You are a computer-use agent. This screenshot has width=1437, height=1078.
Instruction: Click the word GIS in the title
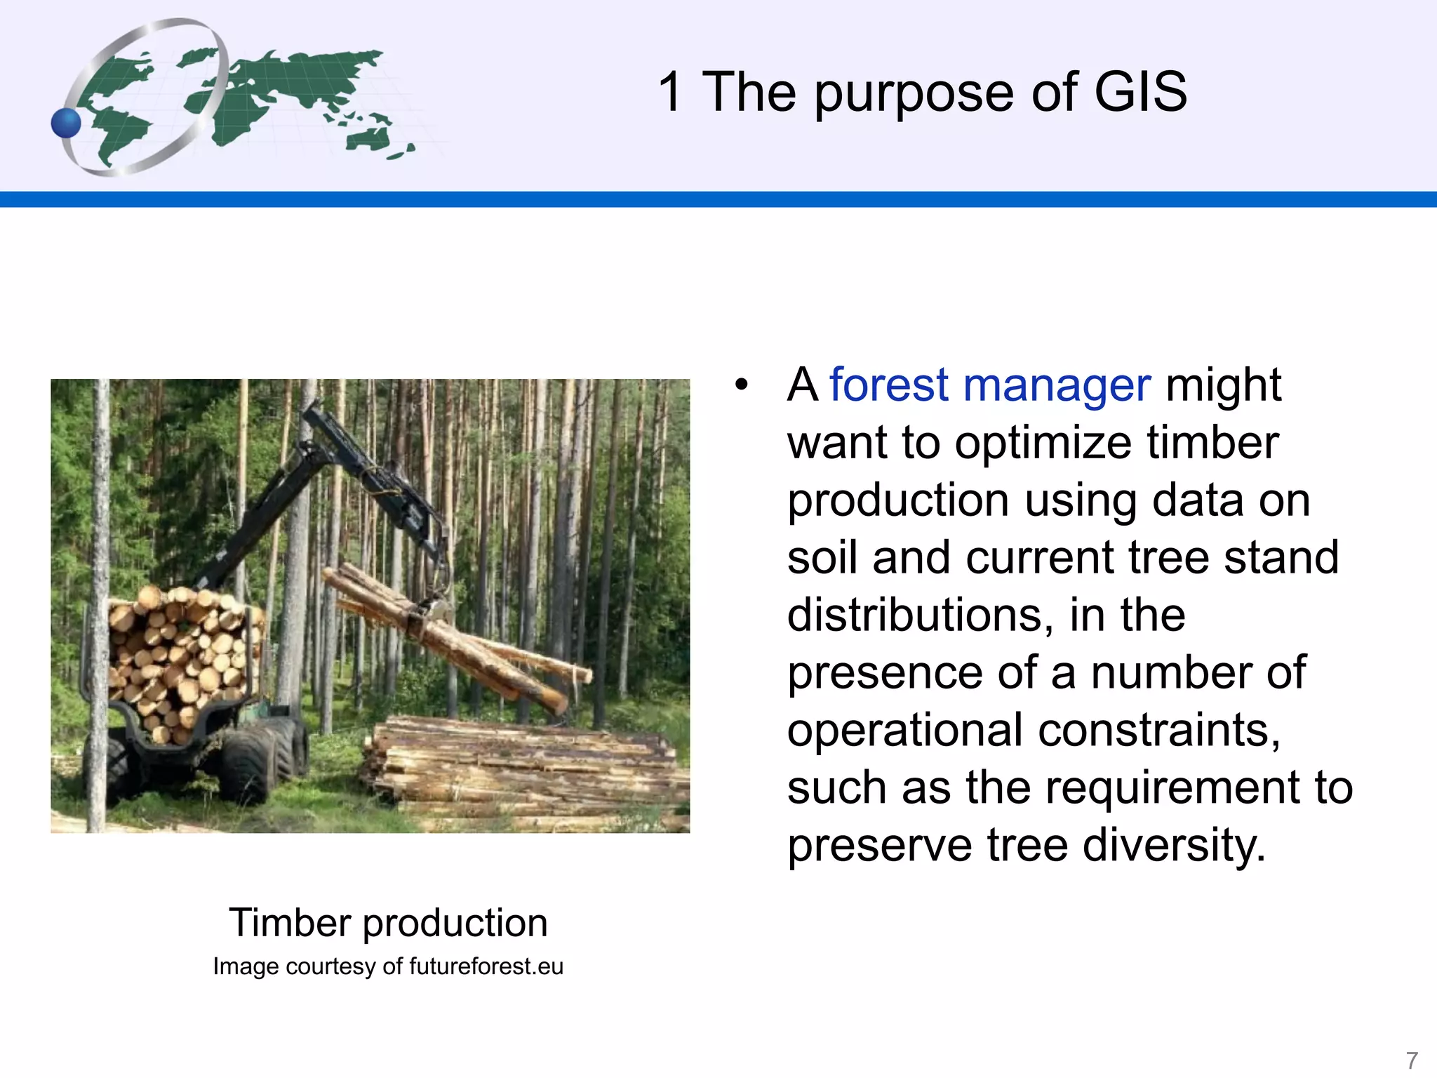[1139, 92]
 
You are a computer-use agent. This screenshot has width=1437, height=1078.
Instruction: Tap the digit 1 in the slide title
[670, 92]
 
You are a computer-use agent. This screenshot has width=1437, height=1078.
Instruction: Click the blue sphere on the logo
[67, 124]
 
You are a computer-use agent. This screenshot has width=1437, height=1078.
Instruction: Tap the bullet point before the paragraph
[742, 385]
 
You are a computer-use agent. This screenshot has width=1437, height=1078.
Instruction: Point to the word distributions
[920, 615]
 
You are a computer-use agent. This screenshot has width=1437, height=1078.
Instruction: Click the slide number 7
[1412, 1059]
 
